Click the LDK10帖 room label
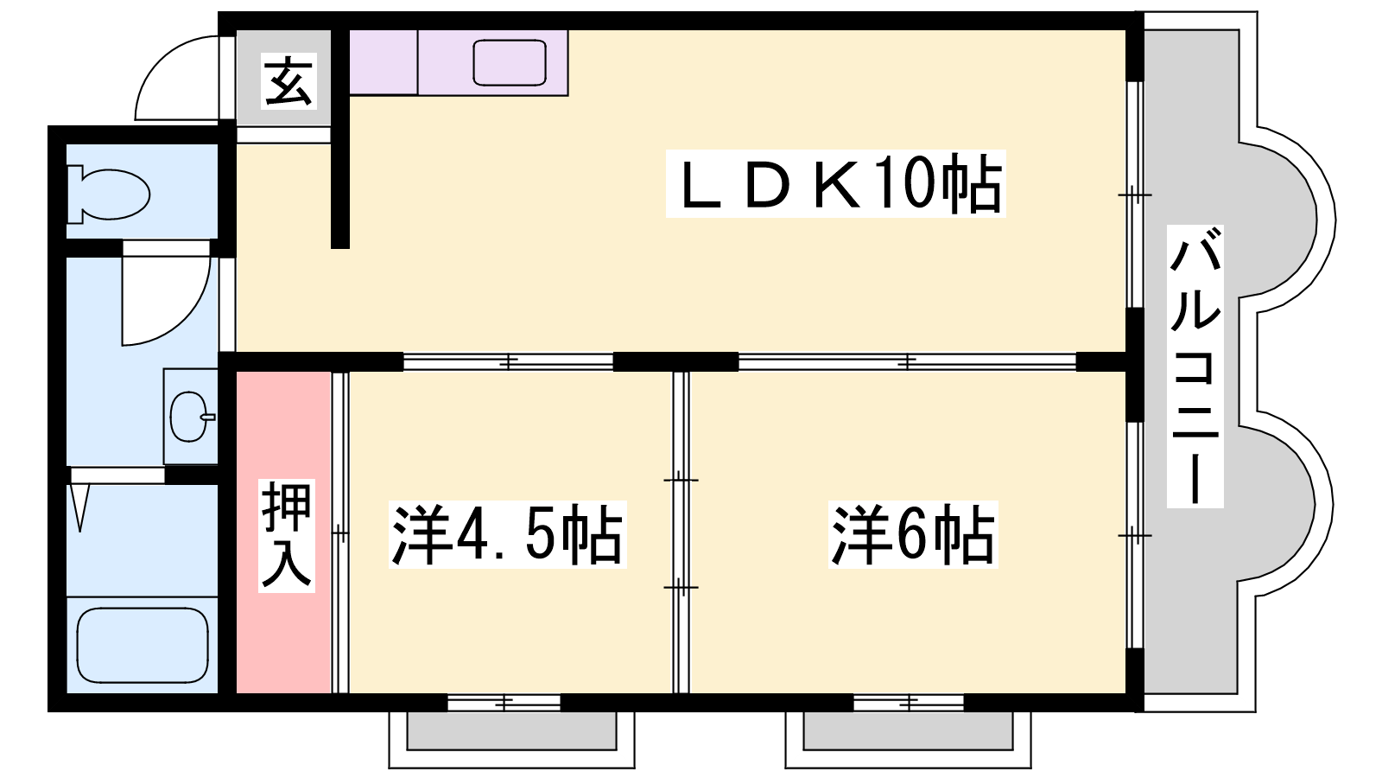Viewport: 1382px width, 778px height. pyautogui.click(x=835, y=183)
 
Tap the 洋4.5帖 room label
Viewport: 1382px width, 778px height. pyautogui.click(x=507, y=535)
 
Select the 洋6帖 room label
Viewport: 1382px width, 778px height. pyautogui.click(x=913, y=535)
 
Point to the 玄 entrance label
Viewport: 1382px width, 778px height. pyautogui.click(x=288, y=81)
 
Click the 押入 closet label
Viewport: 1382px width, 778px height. pyautogui.click(x=287, y=535)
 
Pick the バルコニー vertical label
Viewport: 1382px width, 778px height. pyautogui.click(x=1195, y=367)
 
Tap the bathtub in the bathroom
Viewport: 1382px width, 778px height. pyautogui.click(x=143, y=645)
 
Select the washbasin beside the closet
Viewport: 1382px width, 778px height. pyautogui.click(x=191, y=417)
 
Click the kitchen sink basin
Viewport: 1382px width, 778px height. pyautogui.click(x=509, y=62)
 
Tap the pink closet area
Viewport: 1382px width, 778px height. pyautogui.click(x=284, y=532)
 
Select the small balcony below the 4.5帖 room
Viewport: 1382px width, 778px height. pyautogui.click(x=511, y=740)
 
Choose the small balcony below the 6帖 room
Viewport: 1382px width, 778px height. pyautogui.click(x=908, y=740)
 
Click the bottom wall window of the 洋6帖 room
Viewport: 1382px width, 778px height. pyautogui.click(x=909, y=702)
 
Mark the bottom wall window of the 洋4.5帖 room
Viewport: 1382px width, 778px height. pyautogui.click(x=504, y=702)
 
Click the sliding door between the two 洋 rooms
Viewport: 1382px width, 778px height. pyautogui.click(x=681, y=532)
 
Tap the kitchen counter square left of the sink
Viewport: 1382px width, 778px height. pyautogui.click(x=384, y=62)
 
